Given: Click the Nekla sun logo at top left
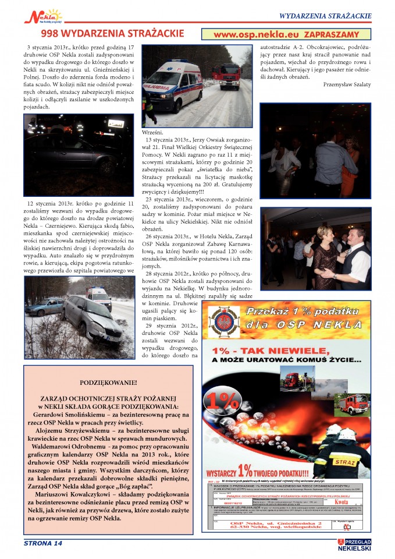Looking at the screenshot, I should tap(43, 15).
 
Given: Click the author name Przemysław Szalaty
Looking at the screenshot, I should tap(347, 84).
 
